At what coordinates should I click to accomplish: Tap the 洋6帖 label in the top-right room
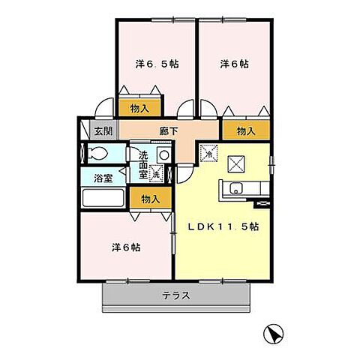click(x=235, y=64)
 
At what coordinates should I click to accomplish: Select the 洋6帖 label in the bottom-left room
click(x=125, y=246)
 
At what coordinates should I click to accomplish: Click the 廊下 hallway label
click(x=169, y=131)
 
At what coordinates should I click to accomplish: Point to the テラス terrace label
click(x=176, y=295)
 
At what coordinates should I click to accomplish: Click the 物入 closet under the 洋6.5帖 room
click(x=139, y=109)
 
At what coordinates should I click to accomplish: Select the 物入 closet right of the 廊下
click(x=246, y=131)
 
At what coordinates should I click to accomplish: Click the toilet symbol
click(x=97, y=154)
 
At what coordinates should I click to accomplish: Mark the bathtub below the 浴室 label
click(x=103, y=199)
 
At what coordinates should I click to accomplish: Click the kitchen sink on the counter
click(x=235, y=187)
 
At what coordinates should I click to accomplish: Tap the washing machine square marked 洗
click(x=157, y=174)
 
